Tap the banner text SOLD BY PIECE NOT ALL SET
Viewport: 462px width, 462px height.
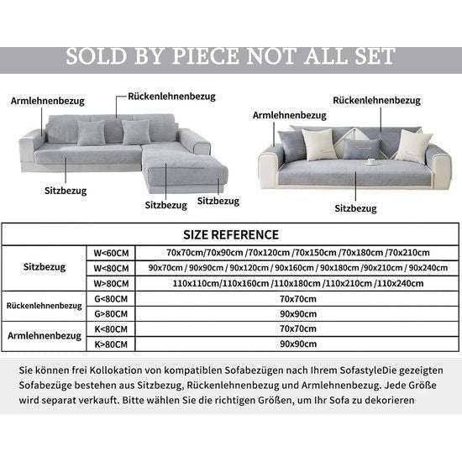click(x=230, y=56)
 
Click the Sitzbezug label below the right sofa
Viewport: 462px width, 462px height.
click(x=355, y=206)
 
